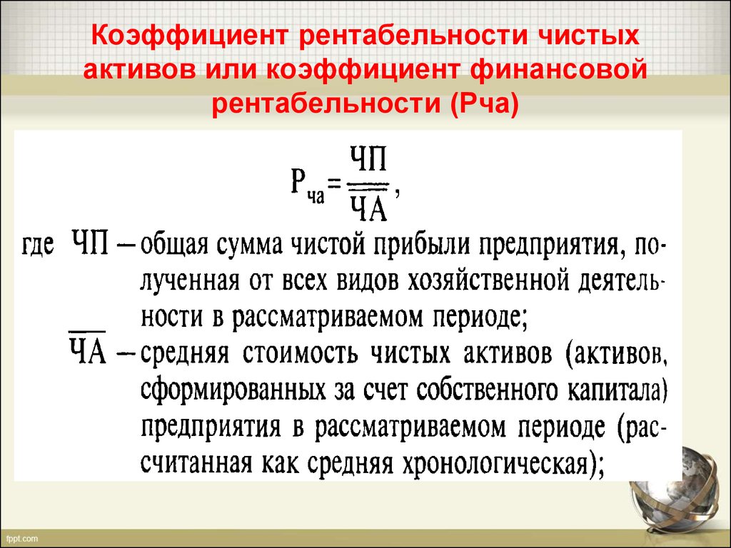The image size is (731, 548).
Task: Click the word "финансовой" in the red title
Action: (558, 70)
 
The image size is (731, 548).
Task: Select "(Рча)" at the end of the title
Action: (485, 104)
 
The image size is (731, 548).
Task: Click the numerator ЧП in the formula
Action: (368, 159)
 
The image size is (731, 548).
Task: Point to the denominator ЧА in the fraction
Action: (369, 208)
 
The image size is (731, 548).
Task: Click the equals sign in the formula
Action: (334, 183)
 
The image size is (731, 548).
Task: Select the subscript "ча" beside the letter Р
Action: (315, 197)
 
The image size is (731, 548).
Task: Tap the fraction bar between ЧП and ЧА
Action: (368, 186)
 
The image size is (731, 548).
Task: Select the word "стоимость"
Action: (300, 352)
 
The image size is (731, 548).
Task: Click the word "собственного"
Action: (487, 390)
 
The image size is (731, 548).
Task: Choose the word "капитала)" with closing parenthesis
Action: (617, 390)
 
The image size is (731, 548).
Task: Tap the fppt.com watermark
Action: (22, 539)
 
